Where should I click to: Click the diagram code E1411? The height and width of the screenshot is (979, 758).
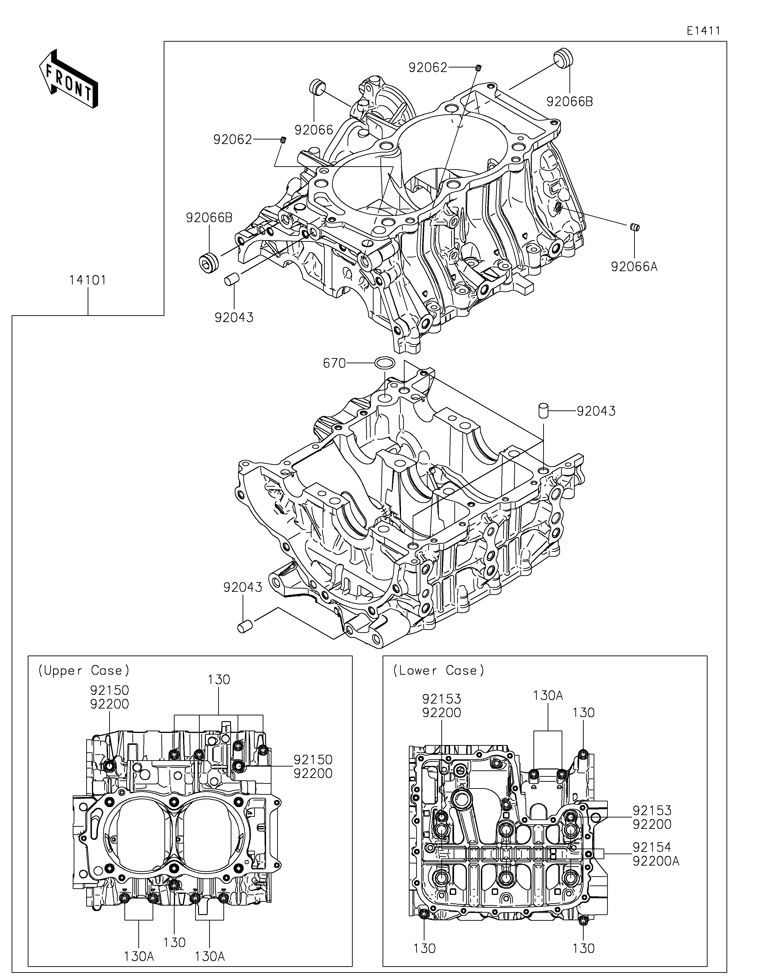coord(703,31)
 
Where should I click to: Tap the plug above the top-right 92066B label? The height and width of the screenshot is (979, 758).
coord(564,57)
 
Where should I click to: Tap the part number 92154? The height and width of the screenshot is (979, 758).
coord(652,847)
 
